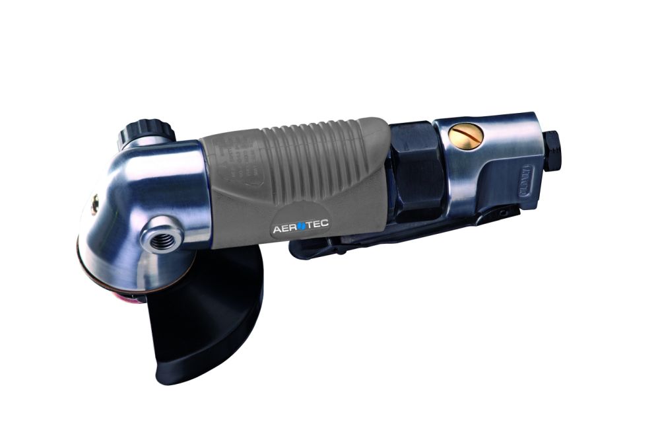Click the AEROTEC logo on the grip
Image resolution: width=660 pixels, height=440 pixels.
click(300, 229)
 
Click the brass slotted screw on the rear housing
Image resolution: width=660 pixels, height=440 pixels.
click(465, 135)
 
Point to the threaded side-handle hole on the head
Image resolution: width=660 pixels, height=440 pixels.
click(158, 240)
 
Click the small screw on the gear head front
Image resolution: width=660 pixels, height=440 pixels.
click(96, 205)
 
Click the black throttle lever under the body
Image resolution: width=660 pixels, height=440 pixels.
click(396, 235)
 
